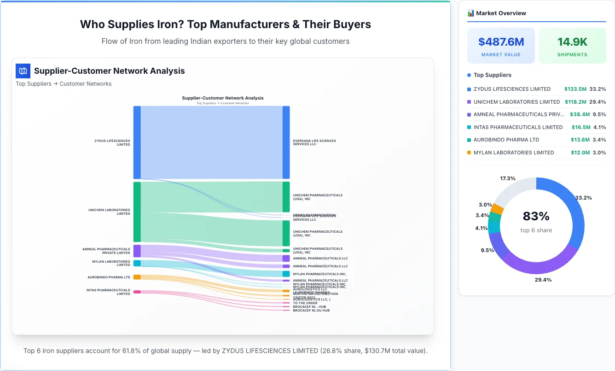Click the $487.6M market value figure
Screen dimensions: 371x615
pyautogui.click(x=501, y=42)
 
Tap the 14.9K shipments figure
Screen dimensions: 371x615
pyautogui.click(x=572, y=42)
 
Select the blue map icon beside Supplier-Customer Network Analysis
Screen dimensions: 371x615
pyautogui.click(x=23, y=71)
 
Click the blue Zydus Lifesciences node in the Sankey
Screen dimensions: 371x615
pyautogui.click(x=137, y=142)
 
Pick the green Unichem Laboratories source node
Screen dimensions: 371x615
pyautogui.click(x=137, y=212)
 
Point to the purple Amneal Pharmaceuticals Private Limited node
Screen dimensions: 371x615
pyautogui.click(x=137, y=251)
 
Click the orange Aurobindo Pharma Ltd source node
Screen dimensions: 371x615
pyautogui.click(x=137, y=277)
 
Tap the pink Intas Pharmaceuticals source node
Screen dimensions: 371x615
pyautogui.click(x=137, y=292)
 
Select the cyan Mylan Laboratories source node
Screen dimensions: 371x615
pyautogui.click(x=137, y=263)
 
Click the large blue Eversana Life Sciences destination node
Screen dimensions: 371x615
pyautogui.click(x=286, y=142)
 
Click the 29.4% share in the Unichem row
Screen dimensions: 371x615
pyautogui.click(x=598, y=102)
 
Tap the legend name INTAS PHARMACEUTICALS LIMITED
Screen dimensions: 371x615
pyautogui.click(x=518, y=127)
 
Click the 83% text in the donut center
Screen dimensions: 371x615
pyautogui.click(x=536, y=216)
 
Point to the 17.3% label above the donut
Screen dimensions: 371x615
pyautogui.click(x=508, y=178)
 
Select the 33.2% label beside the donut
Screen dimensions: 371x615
pyautogui.click(x=584, y=198)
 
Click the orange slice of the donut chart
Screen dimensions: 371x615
pyautogui.click(x=497, y=209)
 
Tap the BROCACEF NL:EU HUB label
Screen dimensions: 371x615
pyautogui.click(x=311, y=311)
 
